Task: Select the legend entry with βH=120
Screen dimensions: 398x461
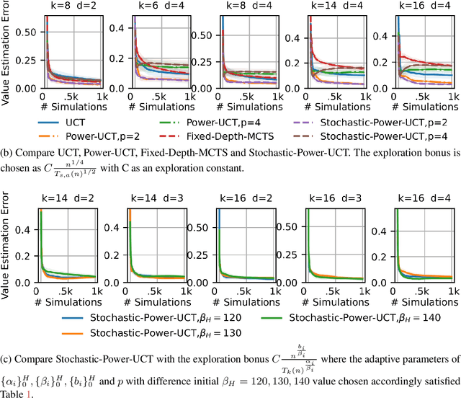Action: coord(166,317)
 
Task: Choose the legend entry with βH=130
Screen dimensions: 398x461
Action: coord(166,332)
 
